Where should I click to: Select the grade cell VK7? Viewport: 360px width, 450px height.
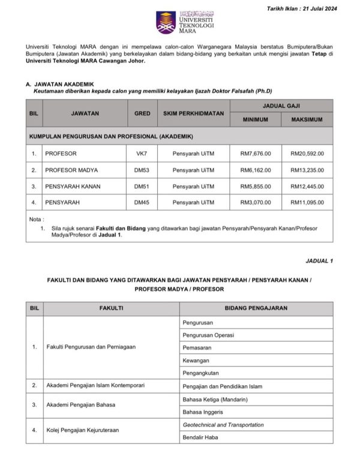tap(142, 154)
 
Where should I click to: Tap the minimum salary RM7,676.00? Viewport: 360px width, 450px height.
tap(255, 154)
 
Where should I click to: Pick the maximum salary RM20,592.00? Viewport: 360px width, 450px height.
tap(307, 154)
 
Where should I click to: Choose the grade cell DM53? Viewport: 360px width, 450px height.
tap(142, 170)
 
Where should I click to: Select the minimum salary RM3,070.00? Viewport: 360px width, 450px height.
tap(255, 202)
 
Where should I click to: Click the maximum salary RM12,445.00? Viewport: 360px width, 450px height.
tap(307, 186)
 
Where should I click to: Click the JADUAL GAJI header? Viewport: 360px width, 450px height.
tap(281, 105)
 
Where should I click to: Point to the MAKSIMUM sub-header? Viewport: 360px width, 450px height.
tap(307, 120)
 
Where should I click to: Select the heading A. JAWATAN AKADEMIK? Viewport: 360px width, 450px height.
tap(60, 84)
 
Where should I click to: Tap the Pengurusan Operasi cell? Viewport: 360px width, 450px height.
tap(208, 335)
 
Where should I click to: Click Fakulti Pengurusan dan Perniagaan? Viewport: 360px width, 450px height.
tap(91, 347)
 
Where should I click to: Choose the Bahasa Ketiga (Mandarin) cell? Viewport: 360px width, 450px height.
tap(215, 399)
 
